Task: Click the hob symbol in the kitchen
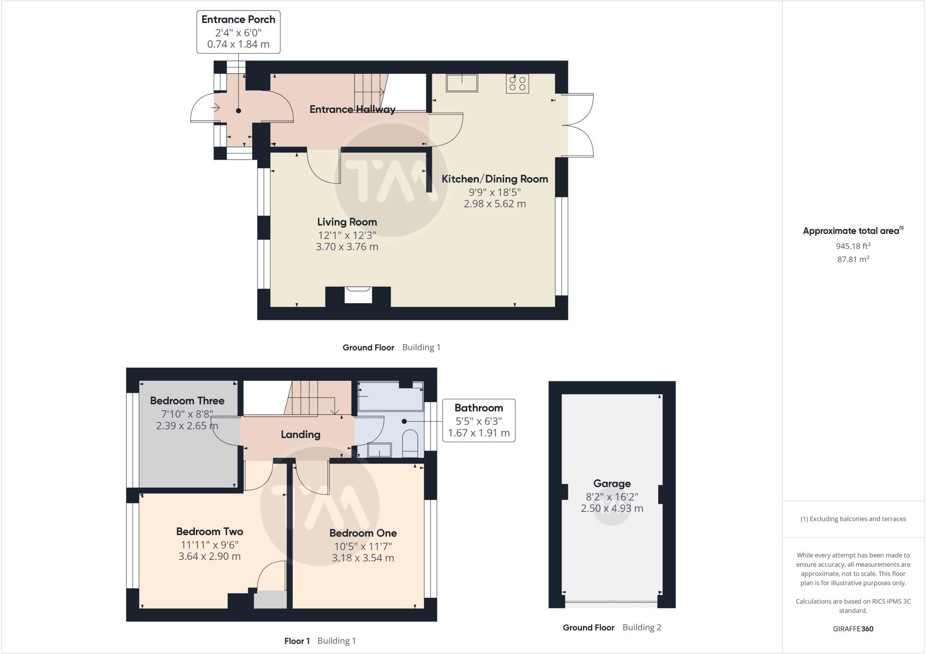click(x=517, y=84)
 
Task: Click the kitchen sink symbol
click(x=462, y=83)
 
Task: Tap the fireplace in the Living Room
click(x=358, y=295)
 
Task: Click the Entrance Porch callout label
click(x=238, y=32)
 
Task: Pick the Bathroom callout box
click(x=478, y=420)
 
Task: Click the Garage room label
click(x=612, y=483)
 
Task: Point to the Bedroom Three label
click(x=187, y=401)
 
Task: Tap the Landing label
click(x=300, y=435)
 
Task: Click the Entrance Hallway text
click(x=352, y=109)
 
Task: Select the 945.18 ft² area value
click(x=853, y=246)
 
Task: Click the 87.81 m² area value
click(x=853, y=259)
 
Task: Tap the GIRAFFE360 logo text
click(x=853, y=629)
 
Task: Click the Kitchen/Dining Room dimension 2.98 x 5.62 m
click(x=495, y=204)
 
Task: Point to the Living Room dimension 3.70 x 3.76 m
click(x=347, y=247)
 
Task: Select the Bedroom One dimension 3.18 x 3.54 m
click(x=363, y=558)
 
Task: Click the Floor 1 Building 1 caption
click(x=320, y=641)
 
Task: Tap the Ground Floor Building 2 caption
click(x=612, y=627)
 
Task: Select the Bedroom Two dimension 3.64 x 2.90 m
click(x=209, y=556)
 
